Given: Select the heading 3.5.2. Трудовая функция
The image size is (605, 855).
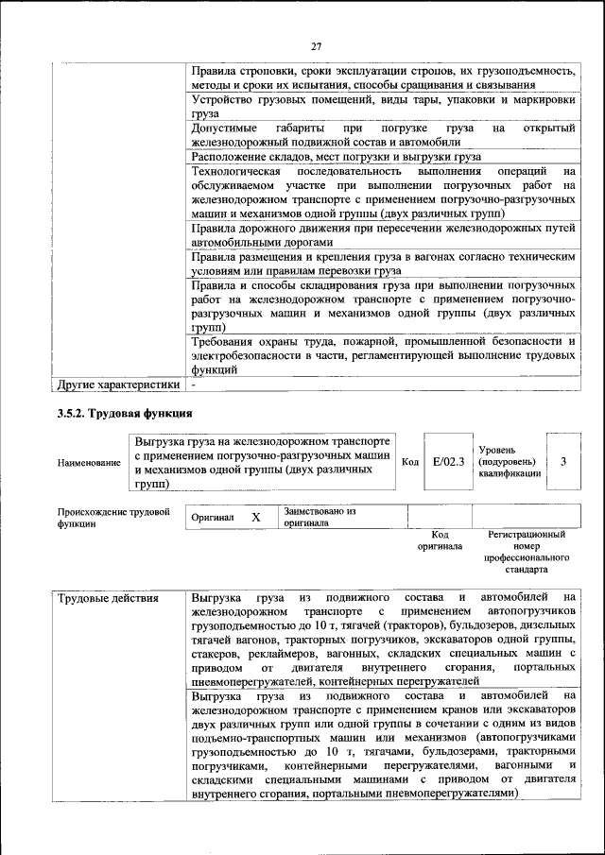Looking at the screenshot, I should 125,414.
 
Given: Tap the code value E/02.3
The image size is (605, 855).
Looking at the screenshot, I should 442,462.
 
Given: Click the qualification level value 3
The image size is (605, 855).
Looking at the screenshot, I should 563,462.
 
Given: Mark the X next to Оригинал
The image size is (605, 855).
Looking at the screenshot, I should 255,518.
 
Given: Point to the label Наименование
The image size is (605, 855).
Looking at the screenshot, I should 89,463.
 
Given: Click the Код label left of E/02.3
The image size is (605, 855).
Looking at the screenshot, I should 410,462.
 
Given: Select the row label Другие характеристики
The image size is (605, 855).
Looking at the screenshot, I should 117,385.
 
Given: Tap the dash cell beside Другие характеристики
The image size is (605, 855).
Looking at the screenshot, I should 194,385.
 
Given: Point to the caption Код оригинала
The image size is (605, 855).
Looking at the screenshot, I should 440,540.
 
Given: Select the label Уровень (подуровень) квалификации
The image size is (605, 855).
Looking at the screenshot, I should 510,462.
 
